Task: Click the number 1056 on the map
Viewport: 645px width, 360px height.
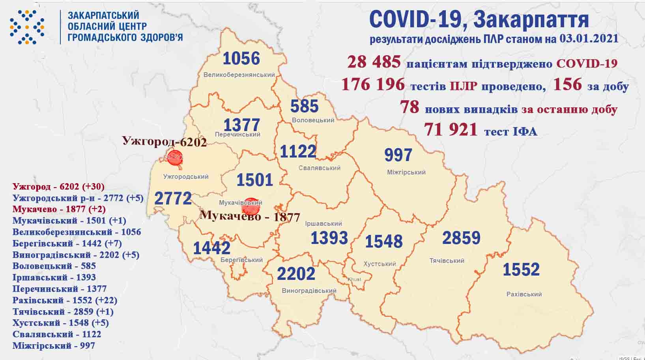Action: coord(241,59)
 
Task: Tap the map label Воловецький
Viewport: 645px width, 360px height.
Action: coord(313,120)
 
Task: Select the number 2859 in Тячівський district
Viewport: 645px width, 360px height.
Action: coord(461,238)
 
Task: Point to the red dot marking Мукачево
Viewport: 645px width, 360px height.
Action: coord(251,206)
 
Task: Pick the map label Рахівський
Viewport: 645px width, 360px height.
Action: coord(524,294)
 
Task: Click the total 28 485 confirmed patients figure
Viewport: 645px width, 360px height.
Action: coord(374,62)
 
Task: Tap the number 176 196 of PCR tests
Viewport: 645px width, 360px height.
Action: coord(373,84)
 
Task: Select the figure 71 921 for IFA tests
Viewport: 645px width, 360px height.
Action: coord(451,129)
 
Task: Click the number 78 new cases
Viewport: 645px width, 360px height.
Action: coord(409,107)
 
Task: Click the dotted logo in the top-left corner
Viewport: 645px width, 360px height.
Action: coord(27,27)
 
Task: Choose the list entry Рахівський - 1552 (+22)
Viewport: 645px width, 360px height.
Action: coord(65,300)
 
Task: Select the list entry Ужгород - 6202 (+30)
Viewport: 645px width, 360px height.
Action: coord(58,186)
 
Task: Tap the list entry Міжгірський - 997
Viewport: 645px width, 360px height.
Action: coord(54,346)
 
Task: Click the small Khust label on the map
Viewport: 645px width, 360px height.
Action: coord(354,279)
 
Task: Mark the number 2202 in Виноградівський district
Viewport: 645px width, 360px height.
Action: coord(296,274)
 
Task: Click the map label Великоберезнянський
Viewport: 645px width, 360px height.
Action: coord(239,75)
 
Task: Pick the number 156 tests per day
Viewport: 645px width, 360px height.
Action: coord(567,84)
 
